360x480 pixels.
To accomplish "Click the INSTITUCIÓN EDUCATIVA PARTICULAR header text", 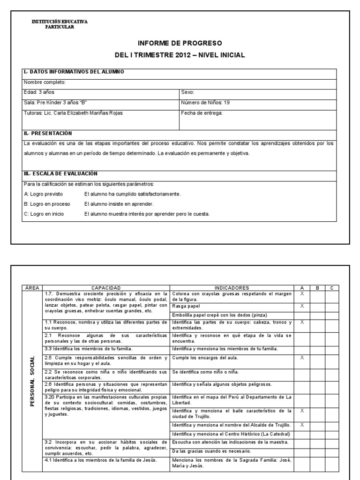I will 60,24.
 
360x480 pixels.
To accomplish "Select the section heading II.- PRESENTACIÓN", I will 48,133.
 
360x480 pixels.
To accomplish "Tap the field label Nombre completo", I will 45,82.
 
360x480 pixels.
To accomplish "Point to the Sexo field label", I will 187,92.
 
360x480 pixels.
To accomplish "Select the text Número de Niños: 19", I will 205,103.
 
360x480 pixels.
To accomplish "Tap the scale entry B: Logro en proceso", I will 47,204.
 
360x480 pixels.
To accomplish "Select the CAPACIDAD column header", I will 106,287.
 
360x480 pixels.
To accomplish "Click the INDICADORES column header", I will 232,287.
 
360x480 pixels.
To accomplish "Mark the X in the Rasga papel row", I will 302,306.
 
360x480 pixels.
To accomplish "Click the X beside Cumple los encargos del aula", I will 302,357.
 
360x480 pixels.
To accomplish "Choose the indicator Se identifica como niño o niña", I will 205,372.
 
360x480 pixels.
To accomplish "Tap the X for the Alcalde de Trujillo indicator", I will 302,425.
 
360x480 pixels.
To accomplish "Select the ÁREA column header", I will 32,287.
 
